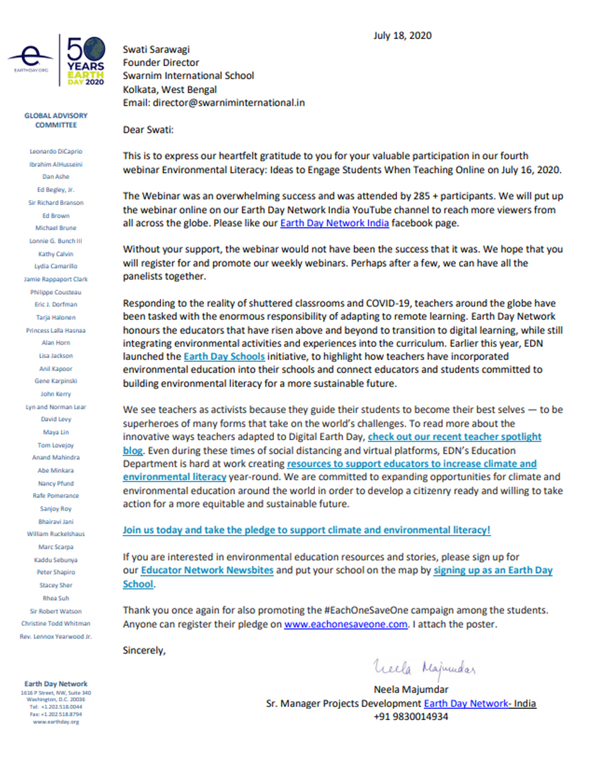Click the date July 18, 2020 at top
[402, 35]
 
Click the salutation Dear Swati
[148, 130]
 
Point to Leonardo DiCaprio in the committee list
[56, 152]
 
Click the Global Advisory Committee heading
[56, 120]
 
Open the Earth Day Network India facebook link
[334, 223]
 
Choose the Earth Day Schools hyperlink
[224, 357]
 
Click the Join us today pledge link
[307, 530]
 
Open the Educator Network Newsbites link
[207, 570]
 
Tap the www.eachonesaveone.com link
[346, 624]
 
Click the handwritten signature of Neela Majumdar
[424, 667]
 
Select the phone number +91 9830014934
[410, 717]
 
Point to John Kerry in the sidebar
[56, 394]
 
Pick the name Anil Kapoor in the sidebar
[56, 369]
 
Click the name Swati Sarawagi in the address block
[156, 49]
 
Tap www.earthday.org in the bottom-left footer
[56, 721]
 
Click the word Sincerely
[144, 651]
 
